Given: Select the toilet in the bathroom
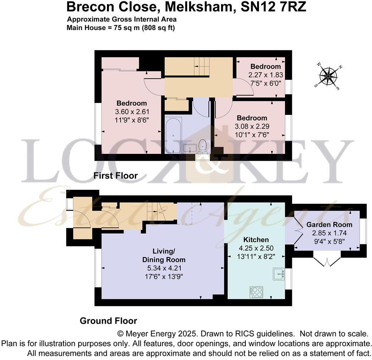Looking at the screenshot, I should click(203, 146).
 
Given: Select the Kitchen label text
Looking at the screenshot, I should click(256, 240).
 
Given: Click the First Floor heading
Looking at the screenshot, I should click(115, 176).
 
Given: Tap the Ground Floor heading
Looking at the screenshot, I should click(108, 321).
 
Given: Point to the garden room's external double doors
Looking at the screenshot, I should click(325, 261).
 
